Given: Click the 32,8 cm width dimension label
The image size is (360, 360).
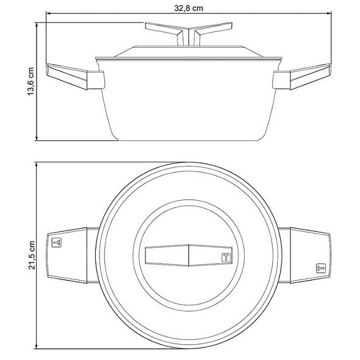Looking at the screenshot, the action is (189, 9).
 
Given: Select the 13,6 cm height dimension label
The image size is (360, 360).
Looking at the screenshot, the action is (31, 82).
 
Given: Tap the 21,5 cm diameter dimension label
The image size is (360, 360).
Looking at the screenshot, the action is (31, 255).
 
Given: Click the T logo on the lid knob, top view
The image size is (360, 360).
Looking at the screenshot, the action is (226, 257).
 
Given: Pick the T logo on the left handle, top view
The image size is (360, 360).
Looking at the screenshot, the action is (57, 243).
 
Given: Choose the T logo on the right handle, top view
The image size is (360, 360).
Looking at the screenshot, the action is (321, 268).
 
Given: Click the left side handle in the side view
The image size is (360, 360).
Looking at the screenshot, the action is (75, 76).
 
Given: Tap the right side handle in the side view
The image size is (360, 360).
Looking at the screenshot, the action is (302, 76).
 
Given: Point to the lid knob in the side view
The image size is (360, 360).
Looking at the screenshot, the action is (189, 34).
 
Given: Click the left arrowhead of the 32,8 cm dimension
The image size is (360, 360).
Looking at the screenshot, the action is (48, 13).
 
